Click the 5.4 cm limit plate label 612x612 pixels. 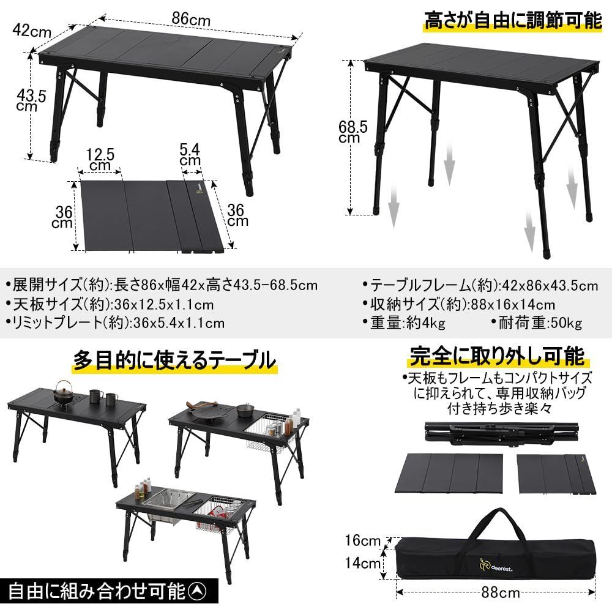pos(190,154)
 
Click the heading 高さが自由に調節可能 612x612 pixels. pos(513,22)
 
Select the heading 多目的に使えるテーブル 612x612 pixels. pos(174,360)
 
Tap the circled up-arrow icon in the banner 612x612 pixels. pos(198,592)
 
